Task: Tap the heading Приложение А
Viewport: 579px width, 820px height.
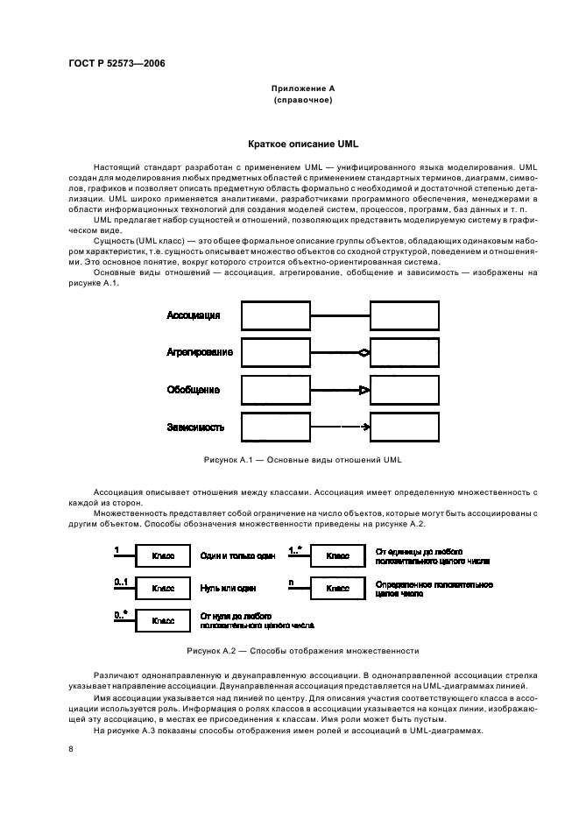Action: click(302, 88)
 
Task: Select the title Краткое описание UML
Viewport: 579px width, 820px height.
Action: click(303, 143)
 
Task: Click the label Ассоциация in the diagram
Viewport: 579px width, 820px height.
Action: click(193, 315)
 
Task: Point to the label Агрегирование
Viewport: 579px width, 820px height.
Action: click(200, 352)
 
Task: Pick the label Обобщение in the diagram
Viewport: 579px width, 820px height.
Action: click(193, 390)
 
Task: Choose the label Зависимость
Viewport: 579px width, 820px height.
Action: click(195, 428)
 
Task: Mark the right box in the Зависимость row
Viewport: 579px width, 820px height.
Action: click(405, 428)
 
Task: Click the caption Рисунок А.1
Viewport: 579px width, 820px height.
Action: click(302, 459)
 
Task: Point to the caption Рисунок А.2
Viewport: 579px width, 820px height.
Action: click(302, 651)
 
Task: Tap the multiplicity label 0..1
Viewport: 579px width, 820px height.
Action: click(122, 581)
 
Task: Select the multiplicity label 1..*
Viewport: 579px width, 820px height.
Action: click(295, 549)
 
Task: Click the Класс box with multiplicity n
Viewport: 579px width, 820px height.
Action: click(337, 589)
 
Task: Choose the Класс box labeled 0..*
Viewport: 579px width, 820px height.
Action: click(163, 620)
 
